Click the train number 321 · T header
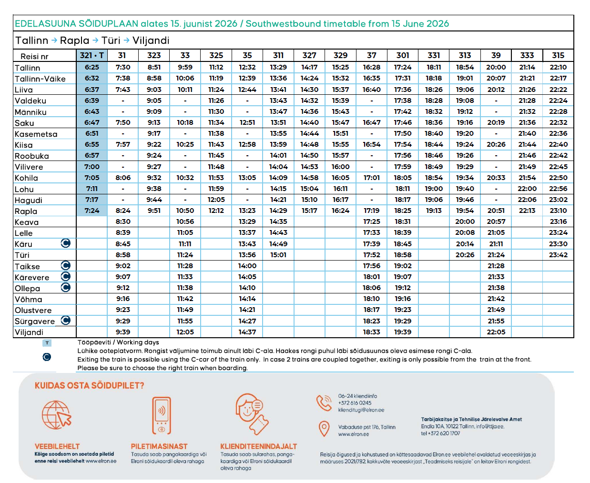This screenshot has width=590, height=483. tap(92, 55)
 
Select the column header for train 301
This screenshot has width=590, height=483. tap(402, 55)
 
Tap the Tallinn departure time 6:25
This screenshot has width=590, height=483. tap(92, 67)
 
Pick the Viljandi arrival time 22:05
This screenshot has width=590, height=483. tap(496, 332)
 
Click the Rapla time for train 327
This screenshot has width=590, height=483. tap(309, 211)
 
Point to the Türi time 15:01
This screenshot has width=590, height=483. tap(278, 255)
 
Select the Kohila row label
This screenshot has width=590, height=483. tap(26, 178)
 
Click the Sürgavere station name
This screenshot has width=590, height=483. tap(35, 321)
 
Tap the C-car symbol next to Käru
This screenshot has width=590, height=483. tap(65, 243)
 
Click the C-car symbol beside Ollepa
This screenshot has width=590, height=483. tap(65, 287)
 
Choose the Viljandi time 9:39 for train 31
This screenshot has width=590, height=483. tap(123, 332)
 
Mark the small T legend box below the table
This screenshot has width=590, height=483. tap(47, 343)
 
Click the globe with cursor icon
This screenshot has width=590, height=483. tap(57, 415)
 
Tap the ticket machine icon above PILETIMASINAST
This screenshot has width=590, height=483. tap(162, 415)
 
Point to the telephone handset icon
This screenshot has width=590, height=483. tap(324, 402)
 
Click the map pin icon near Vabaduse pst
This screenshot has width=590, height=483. tap(324, 429)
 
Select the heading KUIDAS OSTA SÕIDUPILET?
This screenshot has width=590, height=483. tap(89, 386)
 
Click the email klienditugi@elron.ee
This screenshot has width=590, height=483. tap(361, 410)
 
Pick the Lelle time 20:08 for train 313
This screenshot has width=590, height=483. tap(465, 233)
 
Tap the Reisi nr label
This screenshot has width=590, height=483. tap(34, 57)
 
